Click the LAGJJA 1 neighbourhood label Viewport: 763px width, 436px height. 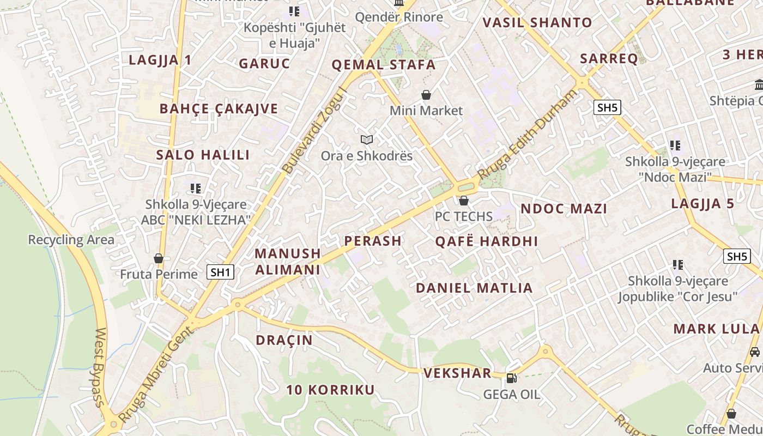pyautogui.click(x=160, y=60)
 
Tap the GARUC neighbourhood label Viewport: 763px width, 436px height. pyautogui.click(x=264, y=63)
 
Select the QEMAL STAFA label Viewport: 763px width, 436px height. pyautogui.click(x=384, y=65)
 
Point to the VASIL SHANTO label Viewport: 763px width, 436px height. pyautogui.click(x=537, y=22)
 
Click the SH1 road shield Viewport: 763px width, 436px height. pyautogui.click(x=221, y=272)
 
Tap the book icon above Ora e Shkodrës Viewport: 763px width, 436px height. pyautogui.click(x=367, y=140)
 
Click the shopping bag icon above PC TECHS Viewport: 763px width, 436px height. pyautogui.click(x=464, y=201)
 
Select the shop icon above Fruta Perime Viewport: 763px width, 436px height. pyautogui.click(x=159, y=258)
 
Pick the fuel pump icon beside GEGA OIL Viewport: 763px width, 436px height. pyautogui.click(x=511, y=378)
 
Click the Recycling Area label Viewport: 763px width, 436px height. pyautogui.click(x=71, y=240)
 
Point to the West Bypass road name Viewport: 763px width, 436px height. pyautogui.click(x=100, y=367)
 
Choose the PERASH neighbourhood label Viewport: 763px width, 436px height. pyautogui.click(x=373, y=241)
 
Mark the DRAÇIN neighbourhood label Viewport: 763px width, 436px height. pyautogui.click(x=284, y=340)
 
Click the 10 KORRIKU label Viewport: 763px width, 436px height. pyautogui.click(x=330, y=390)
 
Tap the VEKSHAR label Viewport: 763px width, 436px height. pyautogui.click(x=457, y=373)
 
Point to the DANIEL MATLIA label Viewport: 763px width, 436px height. pyautogui.click(x=474, y=288)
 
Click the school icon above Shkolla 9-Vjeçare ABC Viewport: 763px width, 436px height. pyautogui.click(x=196, y=189)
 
